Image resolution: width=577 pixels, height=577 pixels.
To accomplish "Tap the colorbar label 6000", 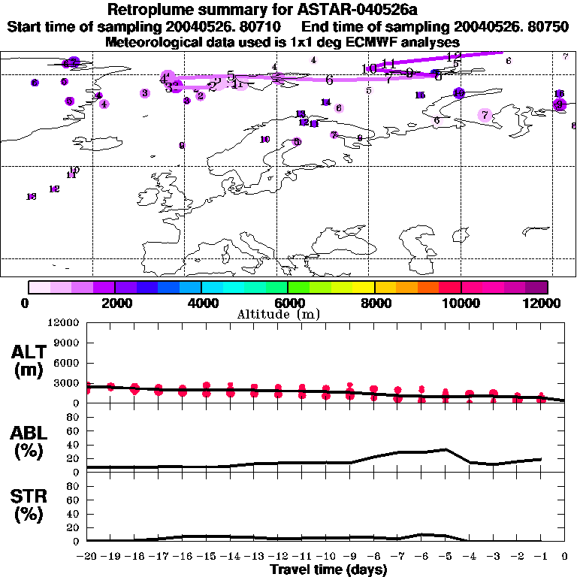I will click(x=287, y=303).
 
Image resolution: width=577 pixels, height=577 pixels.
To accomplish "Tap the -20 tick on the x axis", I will click(x=87, y=557).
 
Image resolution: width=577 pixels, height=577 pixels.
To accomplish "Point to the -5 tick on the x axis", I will click(x=446, y=557).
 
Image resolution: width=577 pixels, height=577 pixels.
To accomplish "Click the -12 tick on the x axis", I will click(x=278, y=557).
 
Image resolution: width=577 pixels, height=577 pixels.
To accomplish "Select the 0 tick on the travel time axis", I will click(x=565, y=557).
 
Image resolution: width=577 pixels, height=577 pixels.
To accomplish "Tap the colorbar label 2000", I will click(x=114, y=303).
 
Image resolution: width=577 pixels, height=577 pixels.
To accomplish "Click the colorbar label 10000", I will click(x=461, y=303).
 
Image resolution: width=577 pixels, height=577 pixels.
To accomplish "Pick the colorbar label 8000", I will click(x=374, y=303).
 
